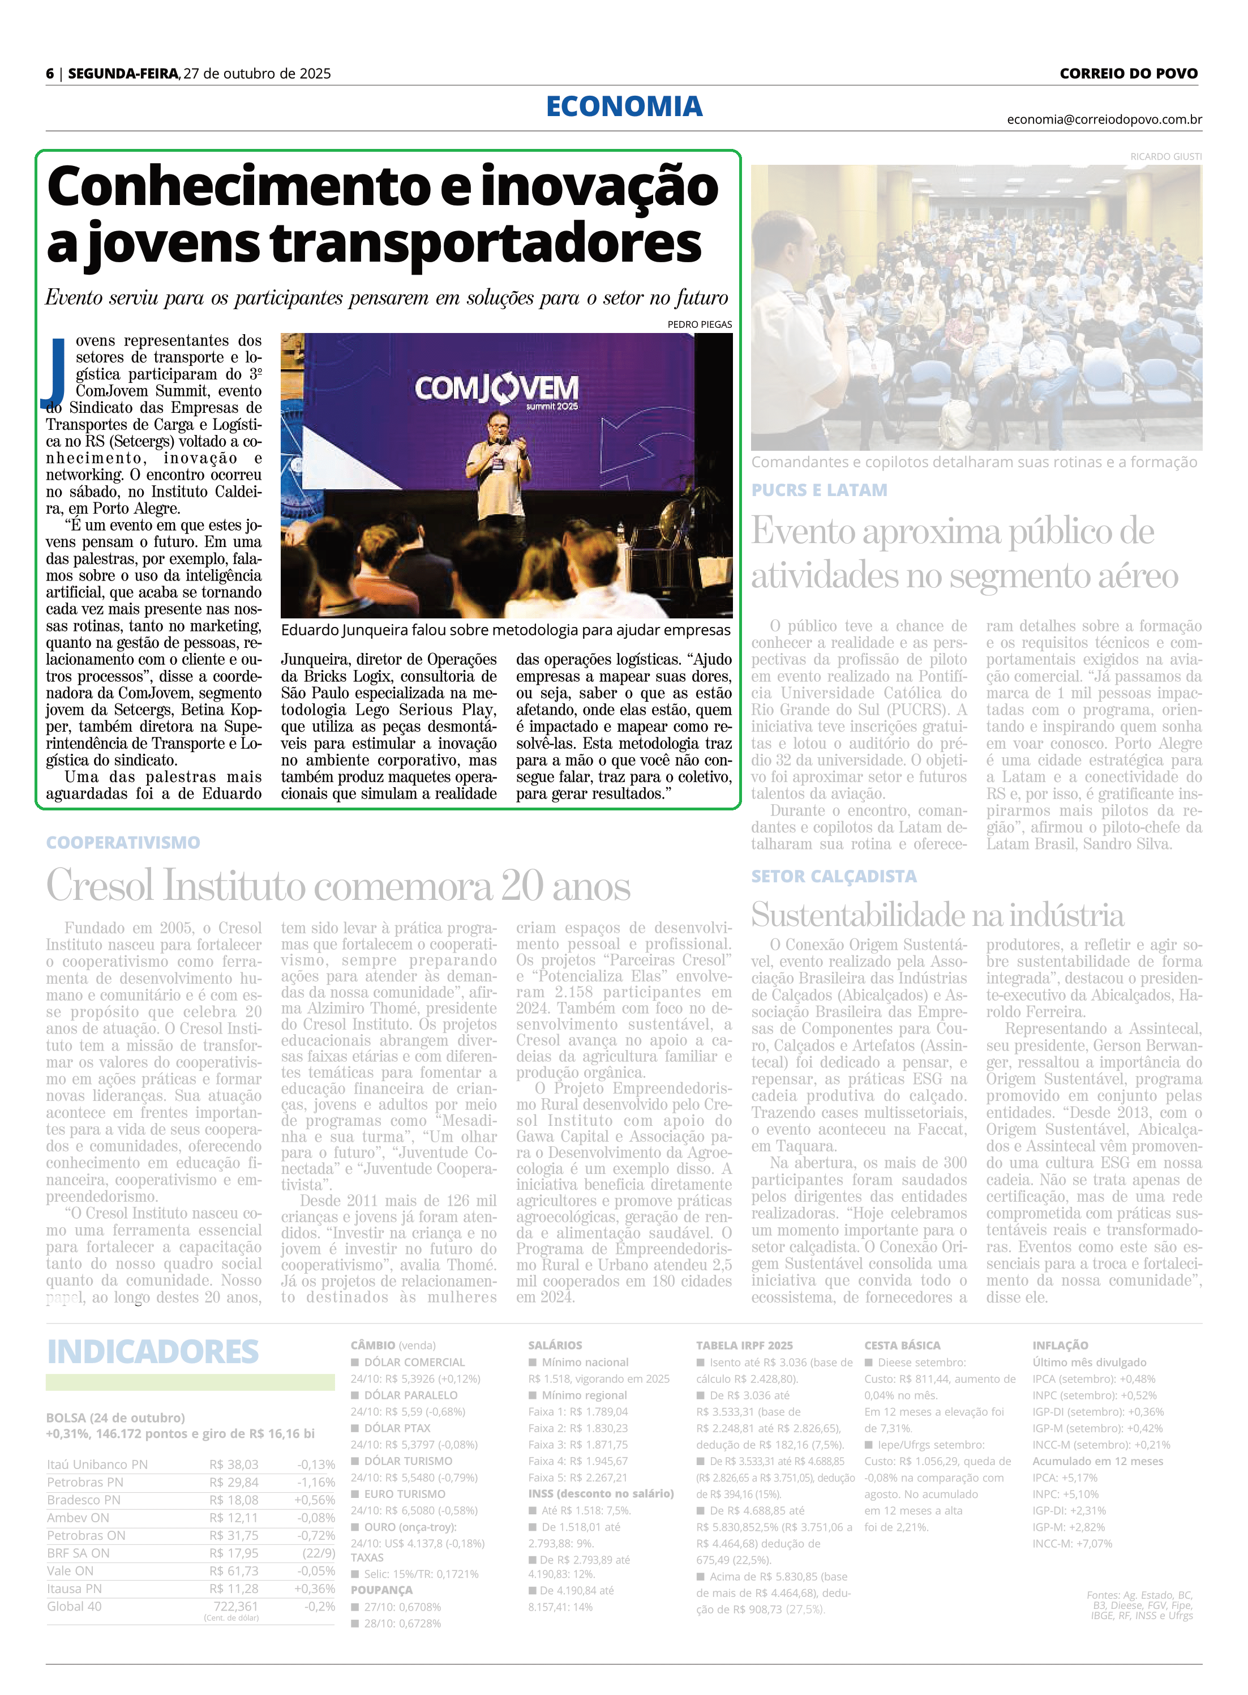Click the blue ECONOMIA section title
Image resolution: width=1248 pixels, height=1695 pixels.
pyautogui.click(x=624, y=106)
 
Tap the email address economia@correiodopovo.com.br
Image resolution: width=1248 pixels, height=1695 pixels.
pyautogui.click(x=1104, y=119)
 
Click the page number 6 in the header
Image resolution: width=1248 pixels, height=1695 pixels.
pyautogui.click(x=50, y=73)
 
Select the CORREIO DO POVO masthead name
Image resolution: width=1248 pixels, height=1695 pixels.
pyautogui.click(x=1128, y=73)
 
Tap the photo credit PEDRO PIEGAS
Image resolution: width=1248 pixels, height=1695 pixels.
pyautogui.click(x=700, y=324)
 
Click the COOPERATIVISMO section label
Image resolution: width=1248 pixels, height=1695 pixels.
pyautogui.click(x=123, y=843)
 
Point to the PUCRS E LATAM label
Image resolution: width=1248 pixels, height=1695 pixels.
pyautogui.click(x=819, y=490)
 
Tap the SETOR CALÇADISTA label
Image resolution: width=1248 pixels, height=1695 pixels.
pyautogui.click(x=833, y=876)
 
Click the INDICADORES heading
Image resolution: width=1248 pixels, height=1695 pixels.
pyautogui.click(x=153, y=1351)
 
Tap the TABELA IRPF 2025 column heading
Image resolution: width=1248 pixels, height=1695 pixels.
pyautogui.click(x=744, y=1345)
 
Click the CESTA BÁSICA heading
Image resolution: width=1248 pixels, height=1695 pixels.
pyautogui.click(x=902, y=1345)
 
